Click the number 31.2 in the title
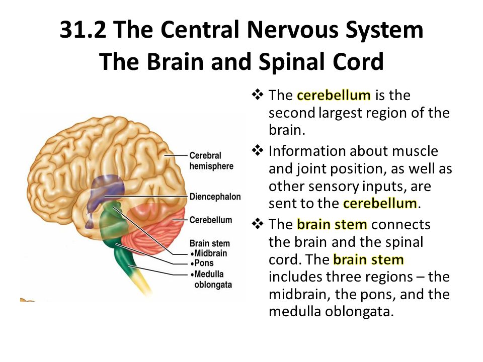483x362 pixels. (83, 30)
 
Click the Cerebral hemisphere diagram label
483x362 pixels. (211, 161)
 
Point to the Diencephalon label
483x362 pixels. (215, 197)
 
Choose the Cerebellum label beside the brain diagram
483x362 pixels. (211, 220)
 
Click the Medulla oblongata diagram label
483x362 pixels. (211, 279)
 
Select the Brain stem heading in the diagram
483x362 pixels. (209, 243)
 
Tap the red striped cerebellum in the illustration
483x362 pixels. (154, 228)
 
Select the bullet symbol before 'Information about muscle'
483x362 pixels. (258, 150)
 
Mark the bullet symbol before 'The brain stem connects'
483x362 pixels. (258, 224)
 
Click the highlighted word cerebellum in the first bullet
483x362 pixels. (334, 95)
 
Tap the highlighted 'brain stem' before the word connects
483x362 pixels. (332, 224)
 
